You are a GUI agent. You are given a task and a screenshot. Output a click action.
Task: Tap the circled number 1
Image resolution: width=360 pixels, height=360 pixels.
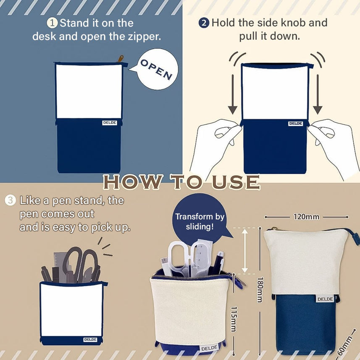coord(52,23)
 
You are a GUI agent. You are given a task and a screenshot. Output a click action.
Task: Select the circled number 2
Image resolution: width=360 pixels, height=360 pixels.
coord(204,23)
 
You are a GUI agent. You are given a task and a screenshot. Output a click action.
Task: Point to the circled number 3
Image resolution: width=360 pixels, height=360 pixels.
coord(11,200)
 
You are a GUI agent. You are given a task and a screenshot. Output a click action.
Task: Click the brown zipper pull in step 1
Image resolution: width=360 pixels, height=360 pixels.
coord(120,58)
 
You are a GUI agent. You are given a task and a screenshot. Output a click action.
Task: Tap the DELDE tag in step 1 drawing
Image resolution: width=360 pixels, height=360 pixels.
coord(110,123)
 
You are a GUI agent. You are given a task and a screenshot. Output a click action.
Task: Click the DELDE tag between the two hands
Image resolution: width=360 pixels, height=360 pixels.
coord(295,124)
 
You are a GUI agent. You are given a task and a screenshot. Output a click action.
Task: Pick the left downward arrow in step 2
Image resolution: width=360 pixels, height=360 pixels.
coord(233,94)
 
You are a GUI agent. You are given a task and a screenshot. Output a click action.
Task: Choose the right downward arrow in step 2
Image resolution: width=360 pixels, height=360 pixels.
coord(318,94)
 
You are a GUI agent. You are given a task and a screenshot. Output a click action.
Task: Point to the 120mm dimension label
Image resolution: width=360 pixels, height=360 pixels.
coord(306,217)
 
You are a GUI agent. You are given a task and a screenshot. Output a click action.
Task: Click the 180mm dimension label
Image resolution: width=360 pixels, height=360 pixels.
coord(260,290)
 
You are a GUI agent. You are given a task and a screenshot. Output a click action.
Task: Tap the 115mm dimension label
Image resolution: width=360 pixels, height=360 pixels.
coord(234,319)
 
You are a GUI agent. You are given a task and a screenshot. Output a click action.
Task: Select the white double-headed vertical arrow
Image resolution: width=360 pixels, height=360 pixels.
coord(245,251)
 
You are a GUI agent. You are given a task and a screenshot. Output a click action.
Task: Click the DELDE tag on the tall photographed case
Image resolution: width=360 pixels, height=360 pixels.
coord(325,299)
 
